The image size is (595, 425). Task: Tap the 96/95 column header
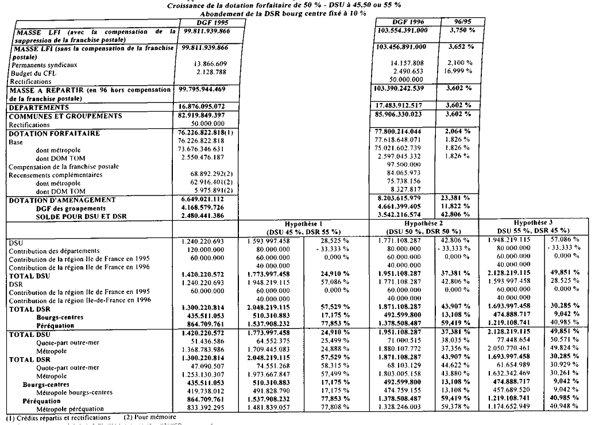click(x=457, y=21)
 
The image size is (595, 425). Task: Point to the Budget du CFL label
click(x=32, y=73)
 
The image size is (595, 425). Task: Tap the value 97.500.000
click(x=405, y=164)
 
